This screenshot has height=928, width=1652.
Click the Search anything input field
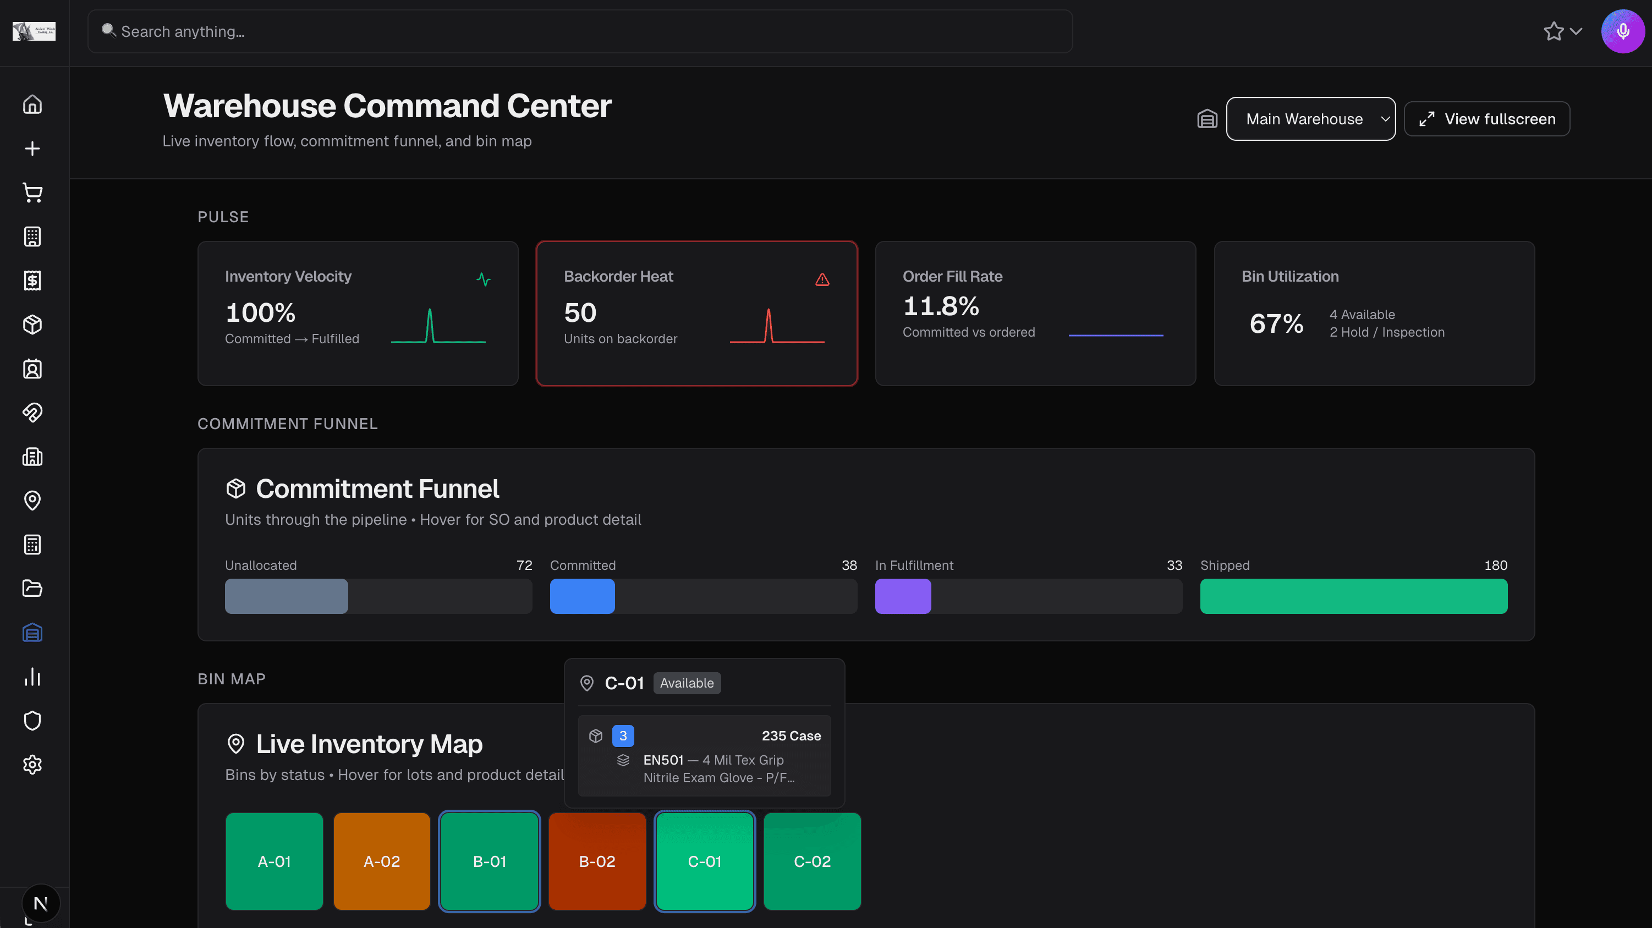coord(577,31)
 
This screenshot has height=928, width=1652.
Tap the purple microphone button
coord(1622,31)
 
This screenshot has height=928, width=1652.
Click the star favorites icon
coord(1552,31)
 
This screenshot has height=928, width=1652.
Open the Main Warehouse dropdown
coord(1310,119)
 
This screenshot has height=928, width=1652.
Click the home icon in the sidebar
coord(32,105)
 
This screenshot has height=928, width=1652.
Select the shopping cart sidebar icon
coord(32,193)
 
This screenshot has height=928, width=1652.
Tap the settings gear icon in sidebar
coord(32,765)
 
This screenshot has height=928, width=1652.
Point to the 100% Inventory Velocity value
coord(260,313)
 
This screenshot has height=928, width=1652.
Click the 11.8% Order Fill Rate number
coord(940,306)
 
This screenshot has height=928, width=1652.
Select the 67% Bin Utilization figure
coord(1276,323)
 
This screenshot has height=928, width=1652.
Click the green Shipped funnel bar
coord(1353,596)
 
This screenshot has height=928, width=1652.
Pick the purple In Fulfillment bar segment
coord(902,596)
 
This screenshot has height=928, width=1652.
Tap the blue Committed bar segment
coord(581,596)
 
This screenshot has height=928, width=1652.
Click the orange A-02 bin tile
coord(382,861)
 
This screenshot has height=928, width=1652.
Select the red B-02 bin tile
coord(596,861)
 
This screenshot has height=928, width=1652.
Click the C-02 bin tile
coord(812,861)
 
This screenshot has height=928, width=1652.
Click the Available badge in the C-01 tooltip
coord(686,683)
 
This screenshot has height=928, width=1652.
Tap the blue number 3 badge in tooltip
coord(623,735)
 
